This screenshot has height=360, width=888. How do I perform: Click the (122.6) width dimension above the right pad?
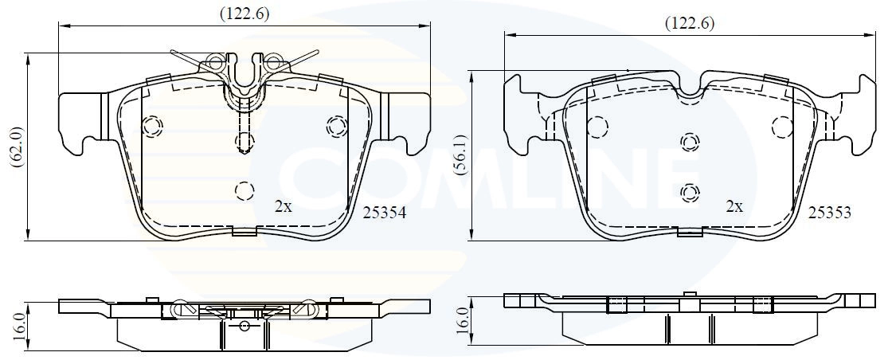click(689, 23)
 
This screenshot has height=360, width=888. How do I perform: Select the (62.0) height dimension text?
click(15, 147)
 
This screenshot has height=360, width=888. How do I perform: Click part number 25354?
click(385, 213)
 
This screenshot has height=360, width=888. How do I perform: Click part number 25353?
click(830, 213)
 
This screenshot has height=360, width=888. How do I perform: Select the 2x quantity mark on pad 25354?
click(283, 206)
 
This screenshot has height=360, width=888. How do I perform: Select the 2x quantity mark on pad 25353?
click(733, 206)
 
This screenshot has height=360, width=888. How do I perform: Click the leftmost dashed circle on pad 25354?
click(151, 125)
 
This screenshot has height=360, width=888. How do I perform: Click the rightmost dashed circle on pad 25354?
click(337, 125)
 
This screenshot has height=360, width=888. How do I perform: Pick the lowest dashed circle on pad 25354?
click(244, 190)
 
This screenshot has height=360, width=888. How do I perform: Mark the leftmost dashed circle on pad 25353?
click(598, 126)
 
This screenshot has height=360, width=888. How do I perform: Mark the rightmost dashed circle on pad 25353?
click(784, 126)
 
